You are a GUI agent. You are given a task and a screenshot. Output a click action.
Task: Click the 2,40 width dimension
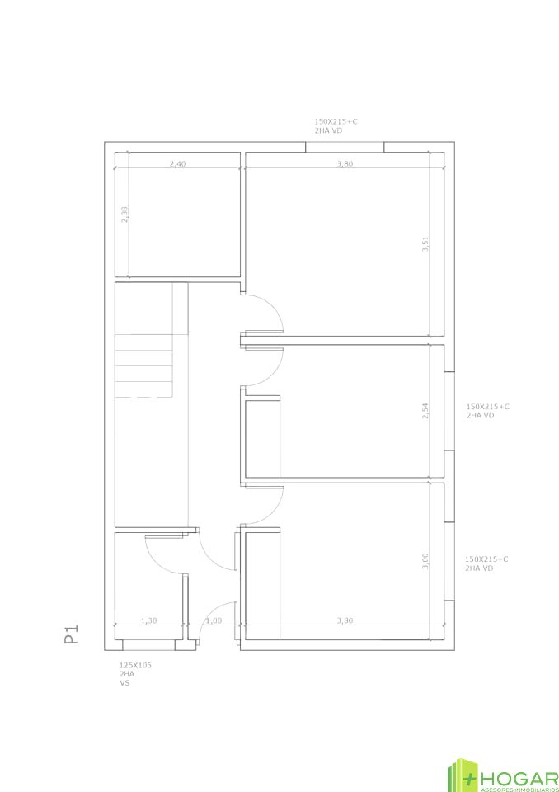pyautogui.click(x=177, y=163)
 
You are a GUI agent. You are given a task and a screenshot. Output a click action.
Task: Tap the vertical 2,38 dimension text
pyautogui.click(x=124, y=214)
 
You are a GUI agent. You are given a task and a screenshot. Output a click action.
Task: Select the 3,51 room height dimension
pyautogui.click(x=425, y=244)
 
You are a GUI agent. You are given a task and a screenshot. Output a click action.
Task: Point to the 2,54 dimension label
pyautogui.click(x=425, y=411)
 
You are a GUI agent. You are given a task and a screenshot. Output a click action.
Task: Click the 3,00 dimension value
pyautogui.click(x=425, y=561)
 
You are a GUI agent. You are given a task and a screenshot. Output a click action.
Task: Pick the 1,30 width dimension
pyautogui.click(x=148, y=620)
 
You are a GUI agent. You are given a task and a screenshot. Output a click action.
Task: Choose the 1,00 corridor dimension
pyautogui.click(x=214, y=620)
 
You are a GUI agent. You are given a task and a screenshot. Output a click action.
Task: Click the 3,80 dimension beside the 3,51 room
pyautogui.click(x=345, y=163)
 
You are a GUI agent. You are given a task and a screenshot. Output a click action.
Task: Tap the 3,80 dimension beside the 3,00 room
pyautogui.click(x=345, y=620)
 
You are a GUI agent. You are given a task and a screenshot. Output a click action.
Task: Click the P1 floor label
pyautogui.click(x=72, y=634)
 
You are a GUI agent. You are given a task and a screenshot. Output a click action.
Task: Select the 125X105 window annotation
pyautogui.click(x=135, y=665)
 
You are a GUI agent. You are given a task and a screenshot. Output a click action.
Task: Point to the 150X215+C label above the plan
pyautogui.click(x=336, y=122)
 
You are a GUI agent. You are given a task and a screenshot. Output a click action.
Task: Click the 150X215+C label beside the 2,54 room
pyautogui.click(x=488, y=406)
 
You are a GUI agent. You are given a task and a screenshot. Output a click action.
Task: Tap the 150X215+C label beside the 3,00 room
pyautogui.click(x=486, y=559)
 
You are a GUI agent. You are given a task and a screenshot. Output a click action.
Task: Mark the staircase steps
pyautogui.click(x=144, y=365)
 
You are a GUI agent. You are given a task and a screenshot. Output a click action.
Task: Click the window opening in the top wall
pyautogui.click(x=345, y=147)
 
